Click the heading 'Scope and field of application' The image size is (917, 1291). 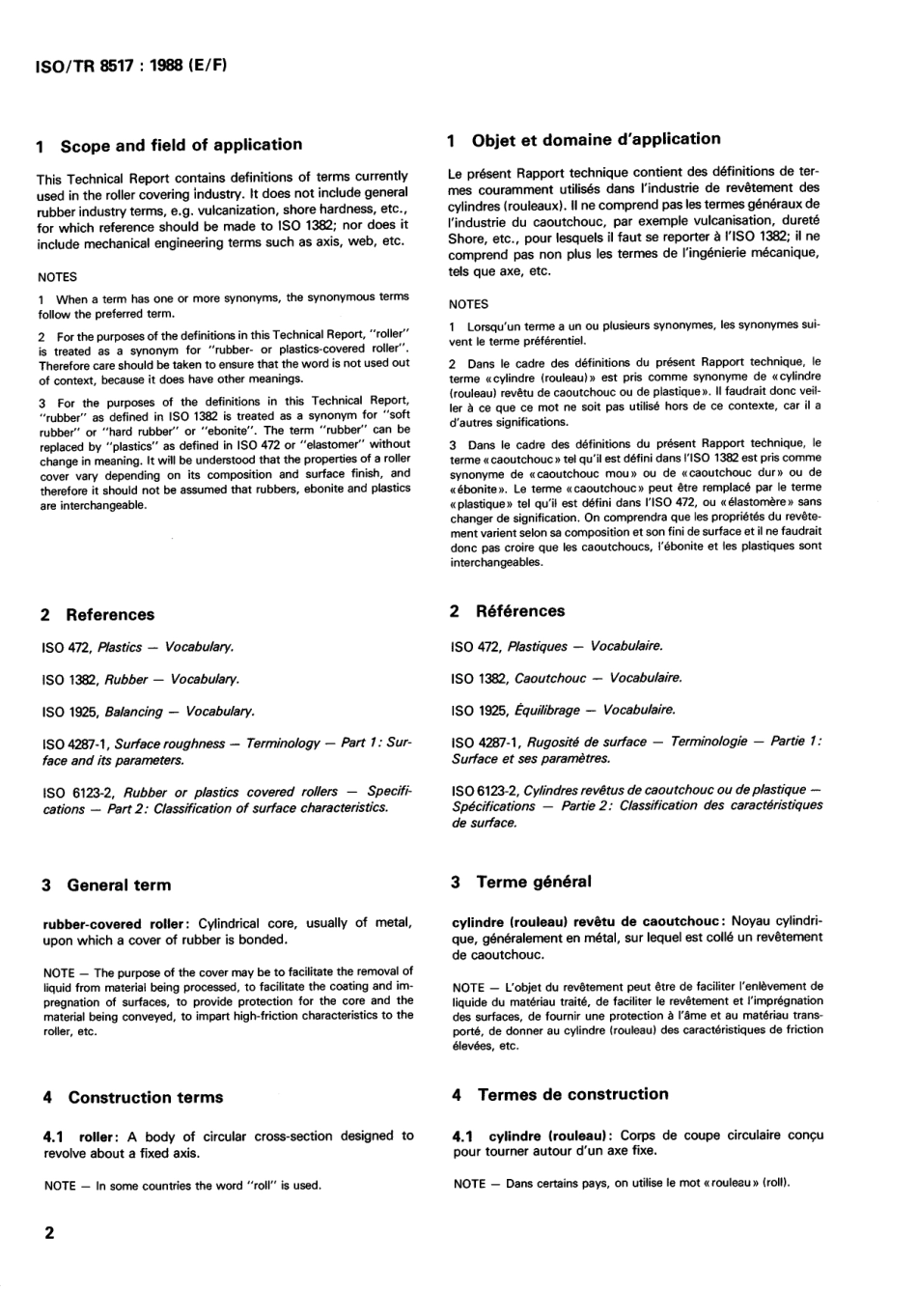click(x=181, y=145)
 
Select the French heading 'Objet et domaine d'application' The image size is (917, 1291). click(x=596, y=139)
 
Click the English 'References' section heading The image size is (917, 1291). click(x=109, y=614)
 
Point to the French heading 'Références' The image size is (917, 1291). click(x=519, y=610)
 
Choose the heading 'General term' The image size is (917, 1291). click(x=118, y=884)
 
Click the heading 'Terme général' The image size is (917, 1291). click(x=533, y=882)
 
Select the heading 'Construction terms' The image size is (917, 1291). click(x=145, y=1097)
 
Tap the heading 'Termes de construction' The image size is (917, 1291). click(x=572, y=1094)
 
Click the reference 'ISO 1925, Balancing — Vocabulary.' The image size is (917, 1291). click(x=149, y=712)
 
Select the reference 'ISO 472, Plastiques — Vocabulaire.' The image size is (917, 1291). click(x=557, y=646)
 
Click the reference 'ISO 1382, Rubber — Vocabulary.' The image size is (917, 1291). click(x=141, y=679)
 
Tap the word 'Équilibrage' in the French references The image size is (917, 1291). click(x=551, y=710)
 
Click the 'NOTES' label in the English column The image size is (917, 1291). click(x=57, y=277)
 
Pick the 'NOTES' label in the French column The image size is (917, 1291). click(x=468, y=303)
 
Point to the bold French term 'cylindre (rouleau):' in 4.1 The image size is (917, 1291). click(x=550, y=1136)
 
